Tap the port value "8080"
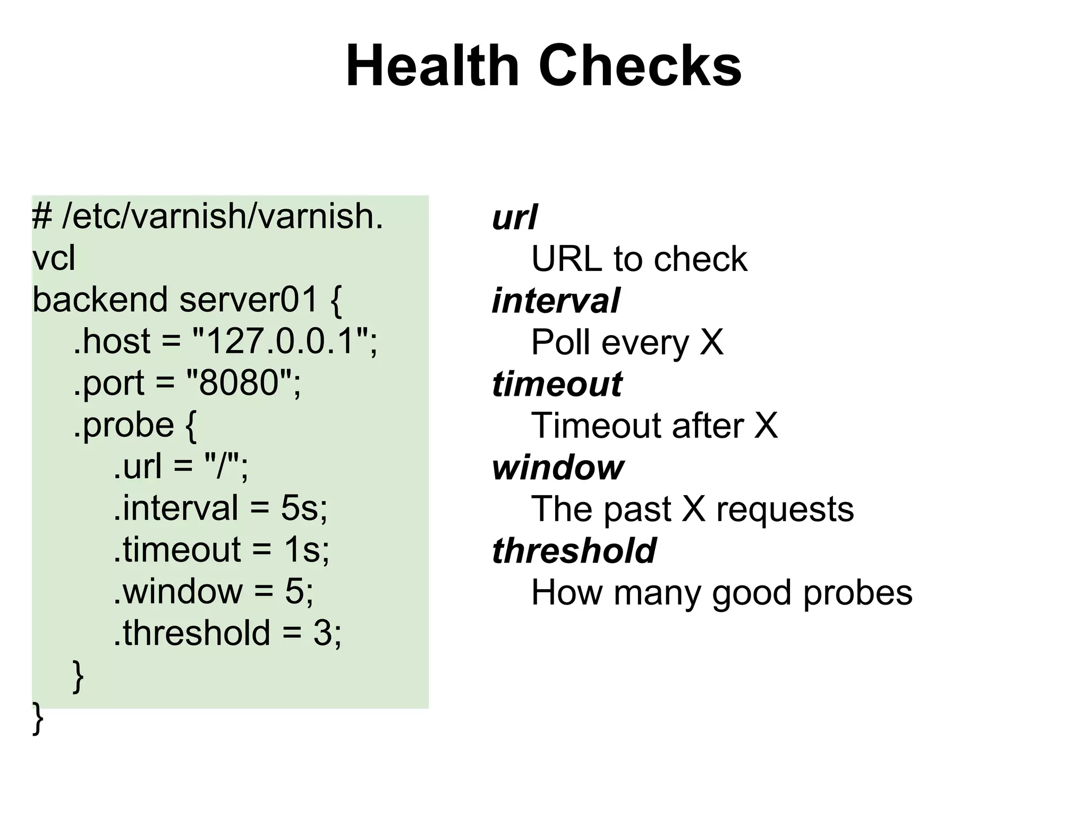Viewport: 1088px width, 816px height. pos(239,382)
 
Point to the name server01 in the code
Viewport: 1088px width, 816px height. pos(249,300)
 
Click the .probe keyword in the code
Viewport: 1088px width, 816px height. pos(123,424)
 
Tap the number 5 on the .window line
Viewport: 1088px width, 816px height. pos(294,591)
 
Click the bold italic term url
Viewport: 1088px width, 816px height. pos(514,217)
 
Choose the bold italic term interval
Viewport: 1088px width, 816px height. pos(556,301)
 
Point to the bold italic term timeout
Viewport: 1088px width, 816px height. pos(557,384)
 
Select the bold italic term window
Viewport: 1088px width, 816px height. pos(558,467)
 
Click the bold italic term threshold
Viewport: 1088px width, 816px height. pos(574,551)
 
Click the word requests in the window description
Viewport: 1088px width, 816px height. pos(785,509)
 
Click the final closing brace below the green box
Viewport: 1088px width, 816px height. pos(38,718)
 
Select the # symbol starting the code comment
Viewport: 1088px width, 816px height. pos(42,216)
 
